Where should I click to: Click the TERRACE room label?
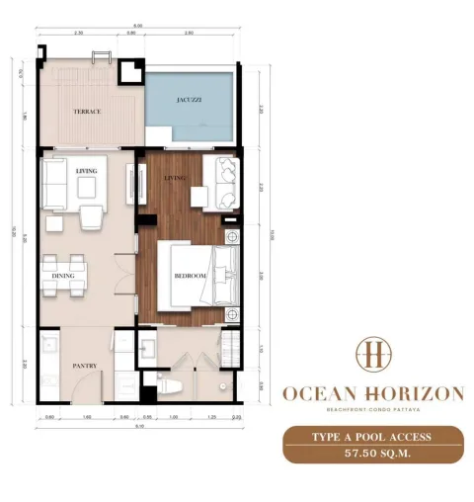pyautogui.click(x=88, y=112)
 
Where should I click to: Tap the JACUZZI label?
pyautogui.click(x=192, y=100)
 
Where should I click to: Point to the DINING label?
pyautogui.click(x=64, y=276)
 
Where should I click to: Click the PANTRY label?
pyautogui.click(x=84, y=366)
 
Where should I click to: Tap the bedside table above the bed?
pyautogui.click(x=232, y=237)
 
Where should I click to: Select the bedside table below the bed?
pyautogui.click(x=232, y=314)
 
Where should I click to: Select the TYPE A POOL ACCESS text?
pyautogui.click(x=372, y=436)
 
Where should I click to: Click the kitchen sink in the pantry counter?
pyautogui.click(x=47, y=348)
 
